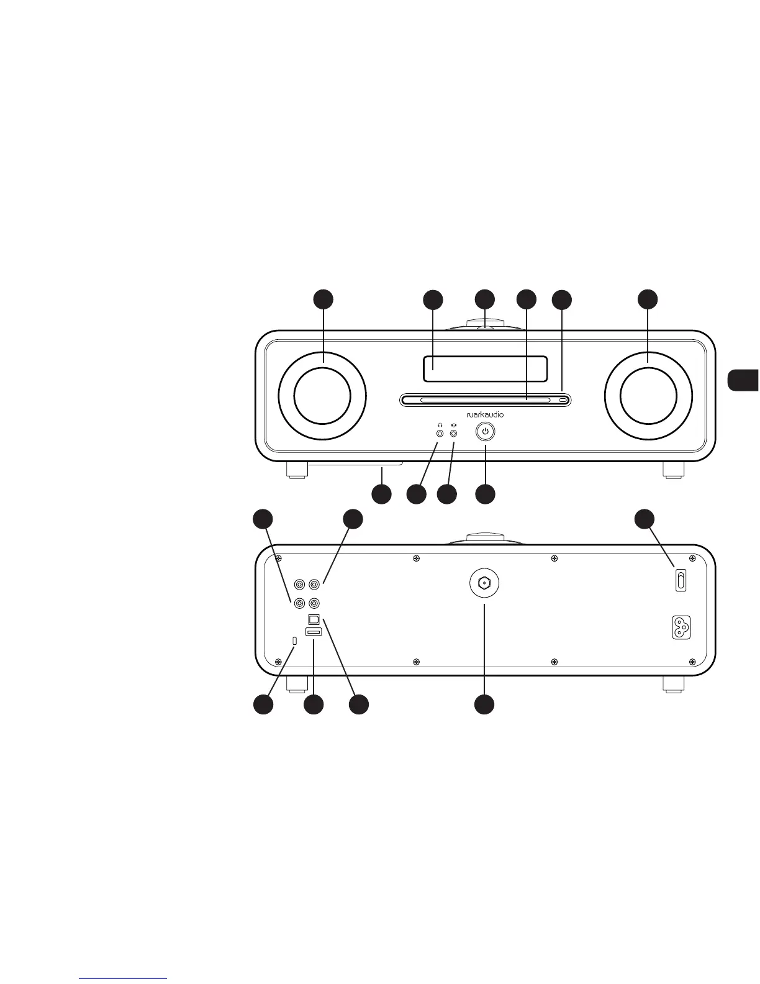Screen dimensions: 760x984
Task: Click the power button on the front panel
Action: (486, 431)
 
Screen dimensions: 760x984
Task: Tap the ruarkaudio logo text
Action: (485, 414)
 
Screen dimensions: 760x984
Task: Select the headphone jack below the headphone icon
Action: (440, 432)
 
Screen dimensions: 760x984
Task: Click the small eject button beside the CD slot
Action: (563, 401)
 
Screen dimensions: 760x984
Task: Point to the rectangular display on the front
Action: (485, 368)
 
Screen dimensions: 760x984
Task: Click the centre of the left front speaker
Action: (322, 398)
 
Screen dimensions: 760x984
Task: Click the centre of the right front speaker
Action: (648, 398)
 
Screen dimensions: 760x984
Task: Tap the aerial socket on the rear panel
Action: (484, 583)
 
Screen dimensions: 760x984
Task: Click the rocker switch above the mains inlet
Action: (681, 581)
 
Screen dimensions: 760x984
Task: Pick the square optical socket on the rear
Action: (314, 619)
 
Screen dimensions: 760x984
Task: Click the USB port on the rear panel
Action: (314, 632)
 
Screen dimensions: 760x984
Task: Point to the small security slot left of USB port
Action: (295, 640)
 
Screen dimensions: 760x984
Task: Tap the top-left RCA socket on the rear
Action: (301, 585)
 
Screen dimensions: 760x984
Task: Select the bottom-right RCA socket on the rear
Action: (315, 603)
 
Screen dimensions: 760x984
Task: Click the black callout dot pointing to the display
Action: (433, 299)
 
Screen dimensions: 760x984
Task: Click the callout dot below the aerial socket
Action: (484, 704)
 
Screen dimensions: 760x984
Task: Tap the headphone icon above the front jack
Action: (440, 424)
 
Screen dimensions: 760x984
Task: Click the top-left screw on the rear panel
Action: (278, 557)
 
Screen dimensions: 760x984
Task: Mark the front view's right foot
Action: (674, 470)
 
